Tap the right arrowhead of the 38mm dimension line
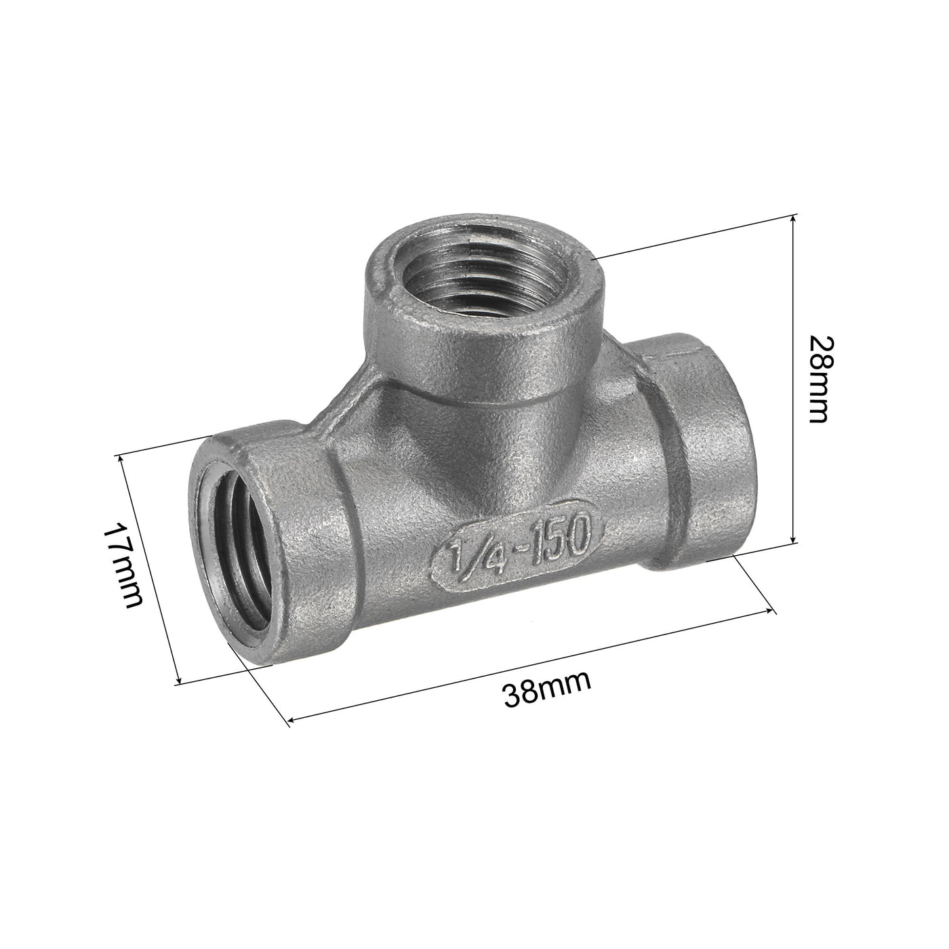[x=771, y=612]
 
